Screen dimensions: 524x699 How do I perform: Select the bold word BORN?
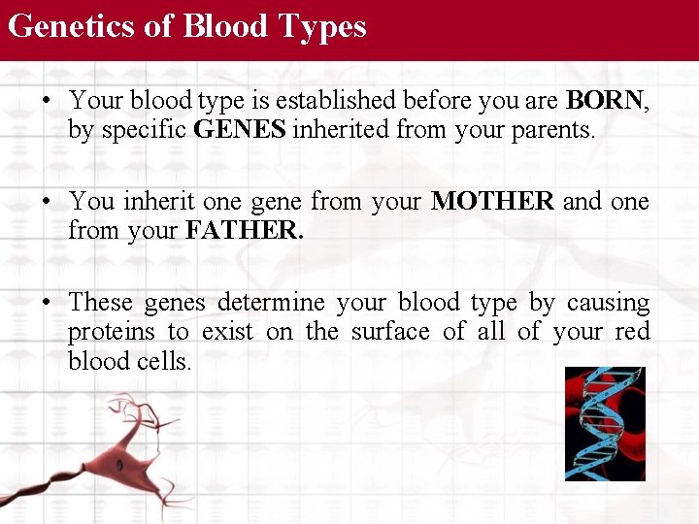(x=605, y=100)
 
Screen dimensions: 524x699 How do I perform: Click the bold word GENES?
(x=240, y=130)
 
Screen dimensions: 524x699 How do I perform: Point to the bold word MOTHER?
(x=492, y=202)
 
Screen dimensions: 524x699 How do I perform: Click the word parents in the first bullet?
(x=556, y=130)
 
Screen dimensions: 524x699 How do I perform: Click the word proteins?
(x=111, y=332)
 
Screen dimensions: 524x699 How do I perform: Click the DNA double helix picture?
(x=605, y=424)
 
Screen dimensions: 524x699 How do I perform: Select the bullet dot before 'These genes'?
(x=48, y=304)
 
